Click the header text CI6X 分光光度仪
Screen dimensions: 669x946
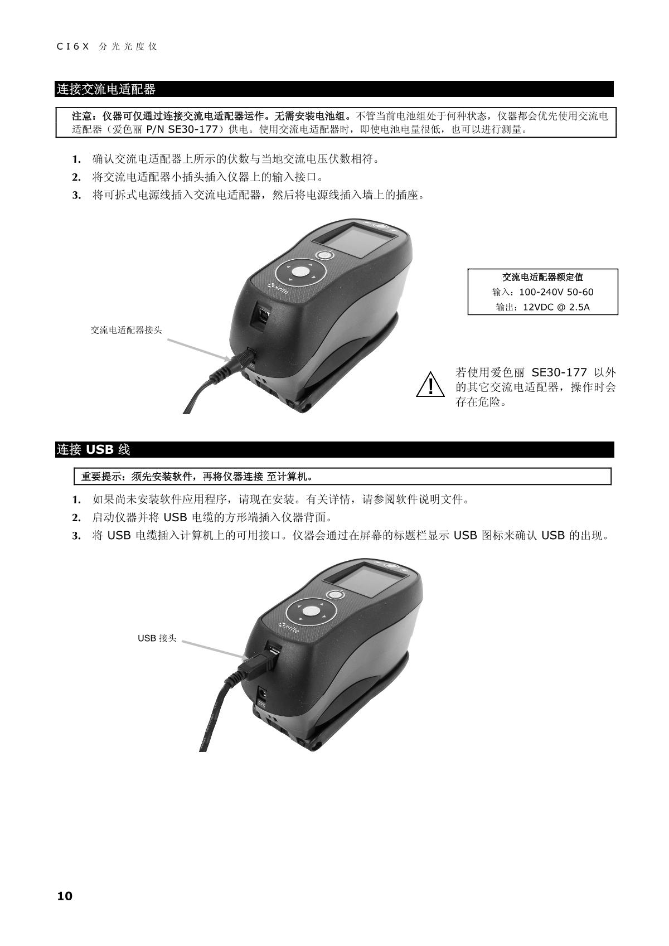coord(107,46)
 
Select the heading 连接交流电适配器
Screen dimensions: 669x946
coord(106,89)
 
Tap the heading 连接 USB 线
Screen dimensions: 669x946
coord(93,450)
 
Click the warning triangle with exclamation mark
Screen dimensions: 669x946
coord(430,385)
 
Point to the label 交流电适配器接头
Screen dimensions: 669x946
coord(127,330)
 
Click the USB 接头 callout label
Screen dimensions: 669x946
coord(157,638)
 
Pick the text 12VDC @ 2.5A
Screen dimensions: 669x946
coord(556,307)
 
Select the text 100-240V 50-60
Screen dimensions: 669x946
coord(556,292)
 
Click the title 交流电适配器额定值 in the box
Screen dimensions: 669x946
coord(542,277)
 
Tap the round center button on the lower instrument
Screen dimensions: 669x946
coord(311,611)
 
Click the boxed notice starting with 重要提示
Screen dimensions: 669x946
coord(342,477)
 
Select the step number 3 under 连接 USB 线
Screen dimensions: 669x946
coord(76,536)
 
